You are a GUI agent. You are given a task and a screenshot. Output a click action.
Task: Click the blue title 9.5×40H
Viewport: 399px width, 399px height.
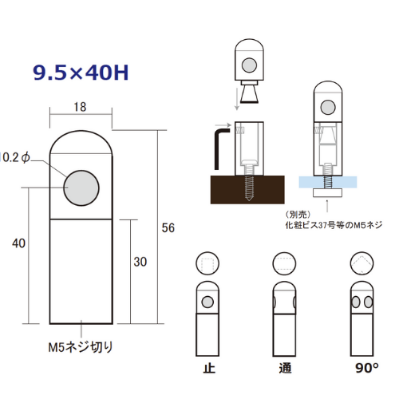coord(81,73)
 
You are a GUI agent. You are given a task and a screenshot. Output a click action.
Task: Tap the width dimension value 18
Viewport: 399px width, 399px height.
coord(80,107)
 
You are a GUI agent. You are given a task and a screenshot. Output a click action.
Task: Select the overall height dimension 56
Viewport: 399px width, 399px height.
coord(168,228)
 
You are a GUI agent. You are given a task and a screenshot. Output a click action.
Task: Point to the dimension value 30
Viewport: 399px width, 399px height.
coord(140,262)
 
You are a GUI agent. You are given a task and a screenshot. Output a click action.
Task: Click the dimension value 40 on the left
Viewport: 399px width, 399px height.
coord(18,243)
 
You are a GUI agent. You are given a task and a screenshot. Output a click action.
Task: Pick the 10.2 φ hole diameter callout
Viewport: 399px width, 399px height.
coord(15,158)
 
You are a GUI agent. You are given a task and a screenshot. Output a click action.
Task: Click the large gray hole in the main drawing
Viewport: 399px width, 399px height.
coord(81,188)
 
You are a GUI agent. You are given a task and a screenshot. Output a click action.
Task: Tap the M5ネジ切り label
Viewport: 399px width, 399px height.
coord(81,347)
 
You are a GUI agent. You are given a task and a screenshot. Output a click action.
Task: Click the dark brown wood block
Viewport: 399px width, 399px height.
coord(247,190)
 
